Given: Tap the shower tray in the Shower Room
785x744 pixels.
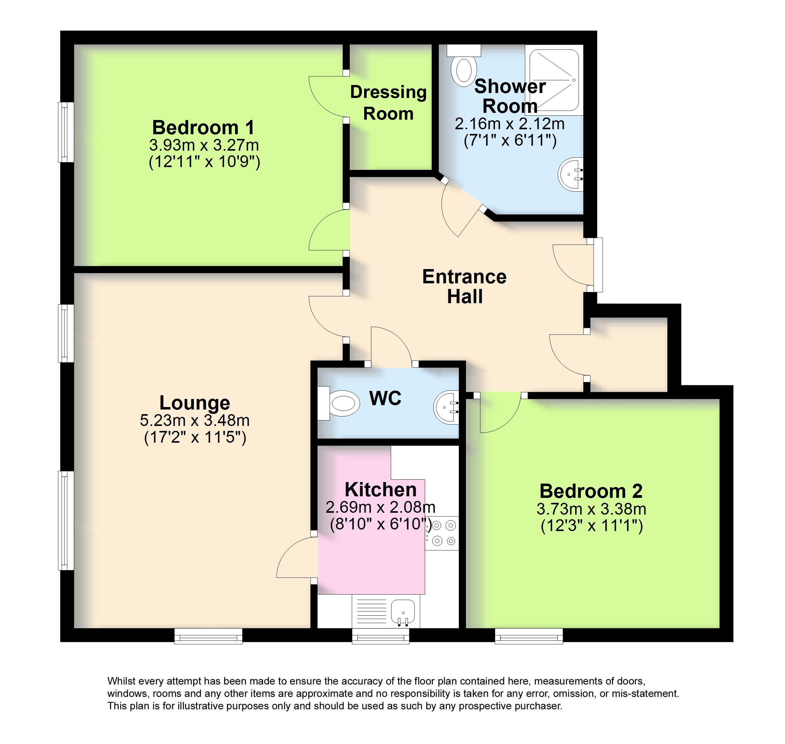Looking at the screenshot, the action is (554, 80).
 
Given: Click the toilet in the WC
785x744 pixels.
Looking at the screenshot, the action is (338, 403).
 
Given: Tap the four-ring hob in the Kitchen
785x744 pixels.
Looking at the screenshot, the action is (442, 533).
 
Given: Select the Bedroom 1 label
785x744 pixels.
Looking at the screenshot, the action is (203, 127).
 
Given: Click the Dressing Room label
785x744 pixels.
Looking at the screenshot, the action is (388, 103).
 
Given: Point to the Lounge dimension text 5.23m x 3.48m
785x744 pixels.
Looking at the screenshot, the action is (195, 420).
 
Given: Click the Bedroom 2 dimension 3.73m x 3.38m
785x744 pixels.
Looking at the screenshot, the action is (591, 509).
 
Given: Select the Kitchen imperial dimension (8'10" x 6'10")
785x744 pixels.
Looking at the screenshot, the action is (380, 524).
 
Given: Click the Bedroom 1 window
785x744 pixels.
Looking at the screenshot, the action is (66, 132).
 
